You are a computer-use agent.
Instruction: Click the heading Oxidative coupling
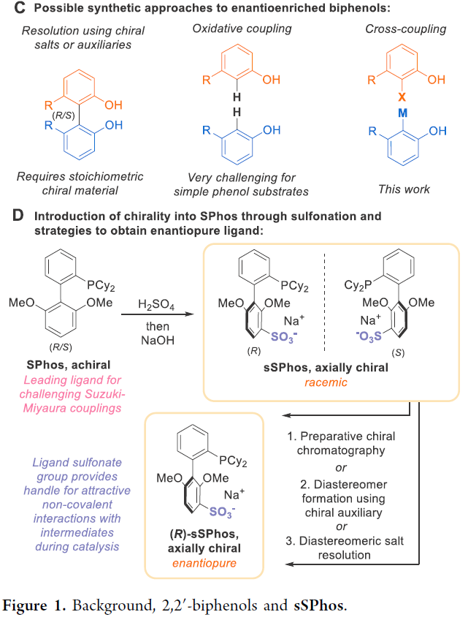[x=242, y=29]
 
